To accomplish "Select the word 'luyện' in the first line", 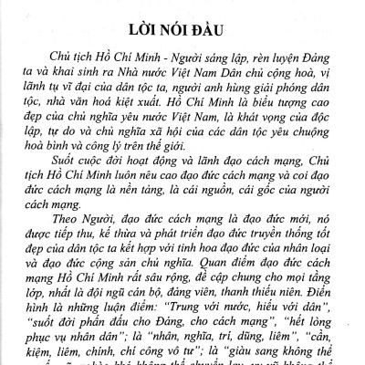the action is (268, 56).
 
